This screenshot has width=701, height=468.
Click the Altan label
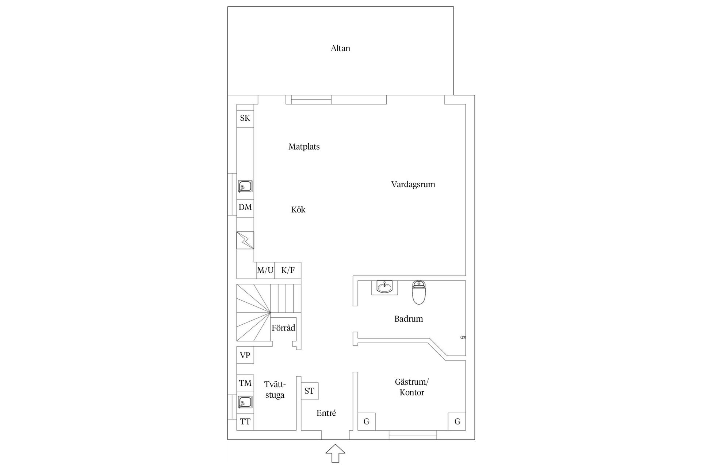pos(340,48)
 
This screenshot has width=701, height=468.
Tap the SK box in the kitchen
pos(245,118)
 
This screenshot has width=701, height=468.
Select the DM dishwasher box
pos(245,207)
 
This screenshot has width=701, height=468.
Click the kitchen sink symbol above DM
pos(245,186)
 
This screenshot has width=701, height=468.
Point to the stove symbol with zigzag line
pos(245,240)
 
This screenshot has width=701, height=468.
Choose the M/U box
pos(265,271)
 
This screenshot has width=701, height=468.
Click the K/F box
pos(288,271)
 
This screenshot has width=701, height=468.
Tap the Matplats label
pos(304,147)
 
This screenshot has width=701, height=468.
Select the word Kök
pos(298,210)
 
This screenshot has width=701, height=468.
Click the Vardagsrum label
pos(413,184)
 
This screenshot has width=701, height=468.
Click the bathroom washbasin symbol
pos(384,287)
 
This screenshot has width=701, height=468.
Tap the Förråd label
pos(283,328)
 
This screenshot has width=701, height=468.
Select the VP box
pos(245,355)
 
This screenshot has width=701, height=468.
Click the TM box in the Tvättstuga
pos(245,383)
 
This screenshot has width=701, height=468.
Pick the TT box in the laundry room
pos(245,422)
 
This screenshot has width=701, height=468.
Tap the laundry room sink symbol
pos(245,402)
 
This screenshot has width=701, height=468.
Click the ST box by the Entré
pos(309,391)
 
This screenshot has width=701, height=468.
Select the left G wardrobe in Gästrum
pos(366,422)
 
